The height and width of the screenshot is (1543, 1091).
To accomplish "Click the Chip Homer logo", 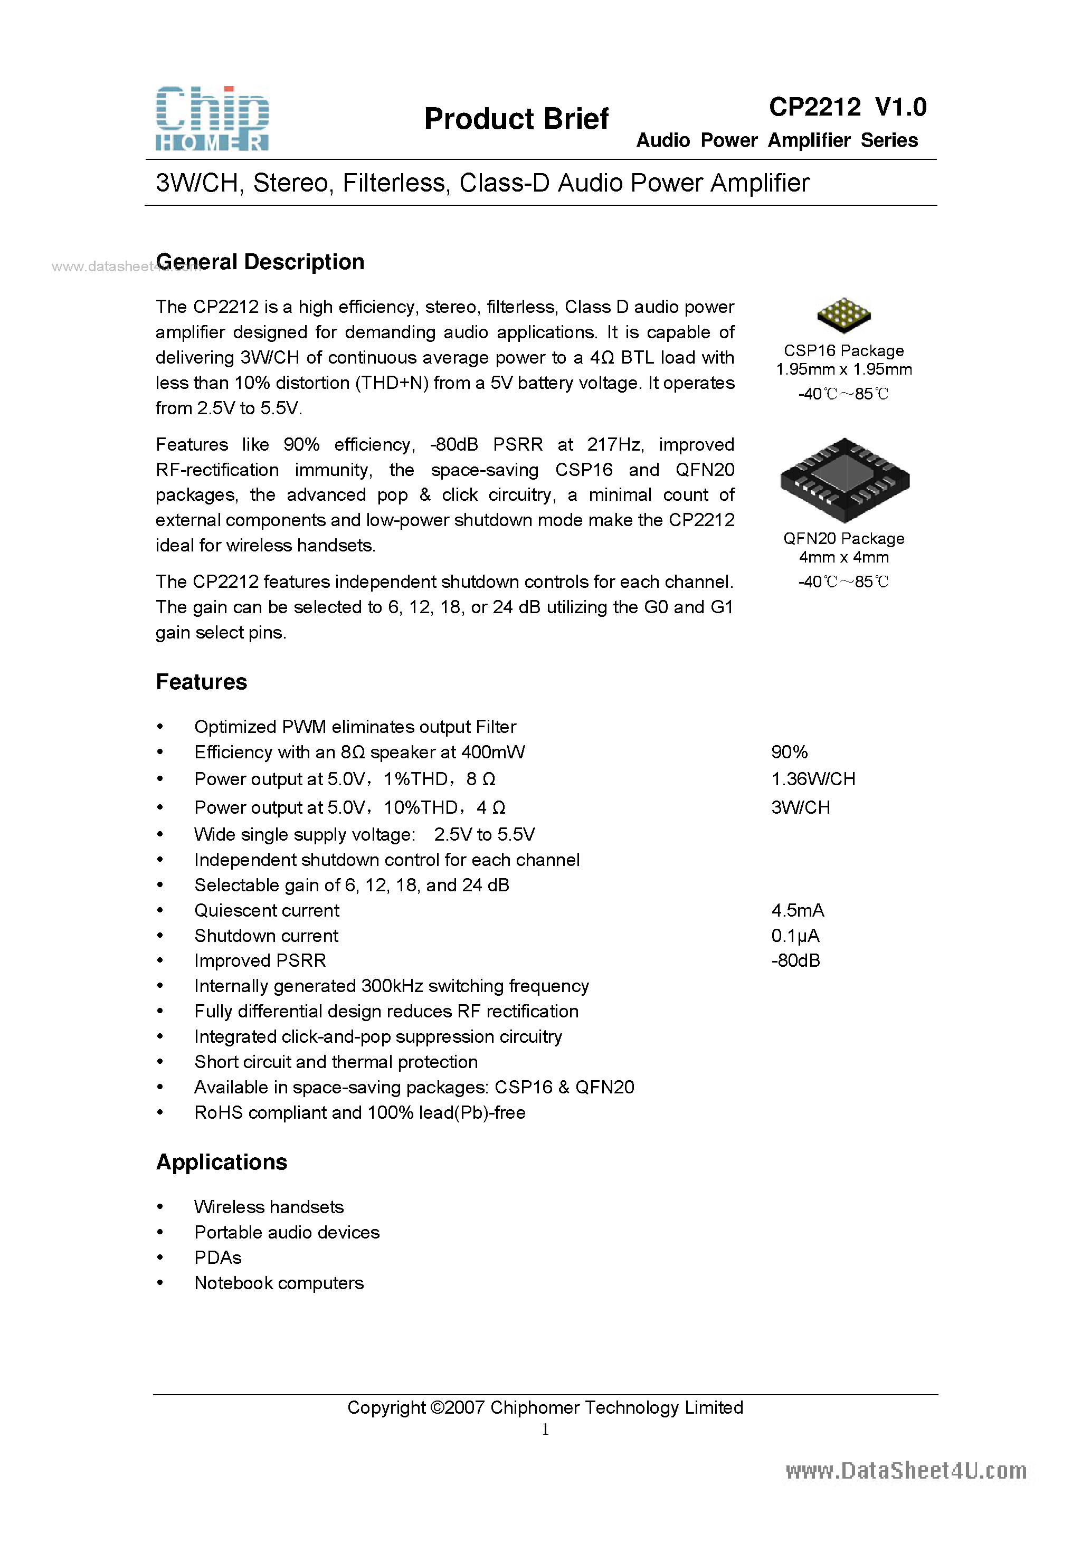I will click(x=212, y=118).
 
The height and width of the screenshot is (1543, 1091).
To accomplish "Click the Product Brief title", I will click(x=516, y=119).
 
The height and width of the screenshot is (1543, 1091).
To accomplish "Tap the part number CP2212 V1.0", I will click(x=847, y=107).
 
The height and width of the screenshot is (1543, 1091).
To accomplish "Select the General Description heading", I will click(x=260, y=262).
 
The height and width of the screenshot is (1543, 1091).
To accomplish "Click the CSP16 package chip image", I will click(x=843, y=315).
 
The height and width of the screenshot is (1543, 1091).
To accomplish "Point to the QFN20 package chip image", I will click(x=845, y=479).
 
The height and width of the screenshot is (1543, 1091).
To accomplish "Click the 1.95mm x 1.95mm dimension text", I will click(x=843, y=369).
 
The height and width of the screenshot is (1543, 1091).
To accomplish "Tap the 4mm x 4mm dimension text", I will click(x=843, y=557).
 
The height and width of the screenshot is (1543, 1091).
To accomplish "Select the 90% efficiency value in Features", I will click(x=789, y=752).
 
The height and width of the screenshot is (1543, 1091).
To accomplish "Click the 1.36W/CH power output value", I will click(x=813, y=779).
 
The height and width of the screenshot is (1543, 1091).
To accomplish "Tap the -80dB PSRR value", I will click(x=795, y=960).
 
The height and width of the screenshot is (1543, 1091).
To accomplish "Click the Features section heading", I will click(x=202, y=682).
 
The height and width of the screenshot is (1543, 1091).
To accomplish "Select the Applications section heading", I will click(x=222, y=1162).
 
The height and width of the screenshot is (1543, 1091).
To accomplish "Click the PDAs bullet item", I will click(x=218, y=1258).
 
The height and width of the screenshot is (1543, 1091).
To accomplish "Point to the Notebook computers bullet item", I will click(x=279, y=1283).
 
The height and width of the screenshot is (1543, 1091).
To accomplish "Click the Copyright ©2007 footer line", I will click(x=545, y=1407).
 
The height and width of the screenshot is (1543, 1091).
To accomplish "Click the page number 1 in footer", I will click(x=545, y=1430).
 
